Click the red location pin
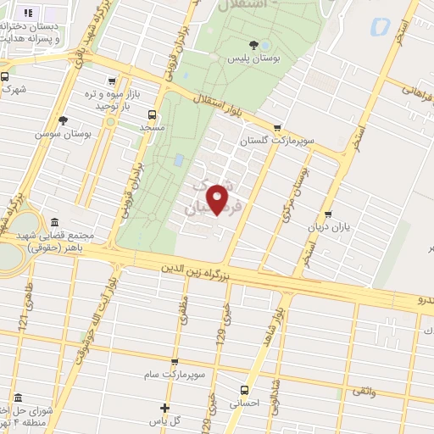[219, 200]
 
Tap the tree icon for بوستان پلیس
[254, 45]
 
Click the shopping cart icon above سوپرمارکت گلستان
[277, 127]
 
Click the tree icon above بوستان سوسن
[63, 120]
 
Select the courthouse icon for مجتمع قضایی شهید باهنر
[54, 222]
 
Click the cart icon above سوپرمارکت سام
[175, 362]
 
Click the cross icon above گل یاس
[165, 408]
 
